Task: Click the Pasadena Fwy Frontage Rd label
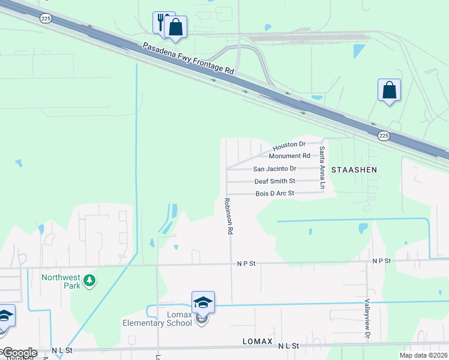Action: point(188,58)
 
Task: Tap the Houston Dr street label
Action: point(289,146)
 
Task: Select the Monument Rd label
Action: point(293,156)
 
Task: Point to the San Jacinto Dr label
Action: point(274,169)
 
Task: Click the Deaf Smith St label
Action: point(274,181)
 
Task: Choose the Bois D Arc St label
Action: point(274,193)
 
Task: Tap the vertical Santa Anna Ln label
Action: point(322,168)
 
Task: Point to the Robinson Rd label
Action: point(228,216)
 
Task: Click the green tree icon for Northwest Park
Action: point(89,280)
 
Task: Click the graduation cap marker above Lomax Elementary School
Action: point(203,301)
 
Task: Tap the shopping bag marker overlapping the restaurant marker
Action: point(175,27)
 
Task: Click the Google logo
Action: point(19,353)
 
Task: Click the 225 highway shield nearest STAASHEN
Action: point(384,136)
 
